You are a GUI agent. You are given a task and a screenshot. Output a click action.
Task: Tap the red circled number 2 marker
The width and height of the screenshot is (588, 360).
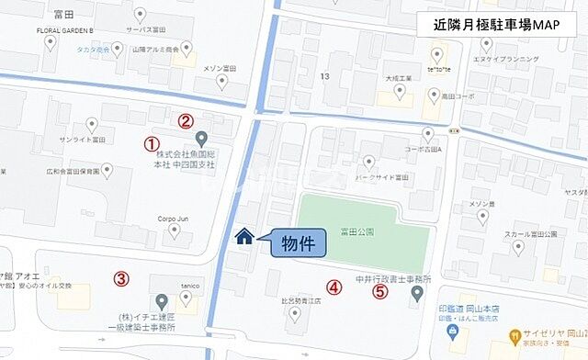tap(186, 120)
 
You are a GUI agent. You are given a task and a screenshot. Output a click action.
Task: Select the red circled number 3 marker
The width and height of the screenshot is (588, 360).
tap(120, 278)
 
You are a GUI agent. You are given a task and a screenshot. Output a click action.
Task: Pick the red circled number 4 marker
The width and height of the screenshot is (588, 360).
tap(334, 287)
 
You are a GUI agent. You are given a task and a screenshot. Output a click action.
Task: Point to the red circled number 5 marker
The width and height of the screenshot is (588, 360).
tap(379, 292)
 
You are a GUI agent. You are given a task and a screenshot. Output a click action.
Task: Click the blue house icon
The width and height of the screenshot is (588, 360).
tap(244, 237)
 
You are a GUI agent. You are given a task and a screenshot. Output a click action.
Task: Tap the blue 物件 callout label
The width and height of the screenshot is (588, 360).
tap(298, 243)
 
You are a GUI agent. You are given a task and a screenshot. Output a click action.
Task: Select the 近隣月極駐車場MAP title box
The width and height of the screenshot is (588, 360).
tap(495, 25)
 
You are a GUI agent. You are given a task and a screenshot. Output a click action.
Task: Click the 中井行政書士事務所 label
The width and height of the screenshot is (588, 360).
tap(393, 277)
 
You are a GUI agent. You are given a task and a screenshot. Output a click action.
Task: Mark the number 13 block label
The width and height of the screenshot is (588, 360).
tap(323, 74)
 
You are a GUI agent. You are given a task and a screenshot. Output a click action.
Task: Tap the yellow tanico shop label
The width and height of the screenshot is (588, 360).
tap(190, 285)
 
